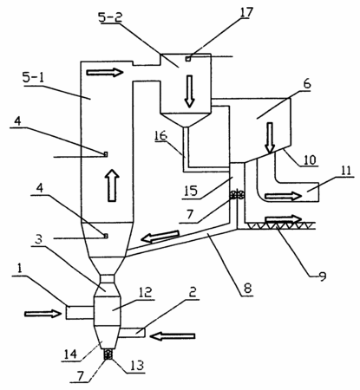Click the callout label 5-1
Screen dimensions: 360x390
pyautogui.click(x=34, y=78)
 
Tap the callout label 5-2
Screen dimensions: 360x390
pyautogui.click(x=110, y=18)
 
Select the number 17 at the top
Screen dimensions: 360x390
pyautogui.click(x=246, y=12)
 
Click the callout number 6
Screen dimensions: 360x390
pyautogui.click(x=307, y=84)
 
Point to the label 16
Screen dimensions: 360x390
pyautogui.click(x=160, y=136)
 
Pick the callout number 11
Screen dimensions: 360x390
pyautogui.click(x=345, y=171)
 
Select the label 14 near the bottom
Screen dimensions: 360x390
pyautogui.click(x=70, y=354)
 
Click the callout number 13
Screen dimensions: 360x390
pyautogui.click(x=137, y=366)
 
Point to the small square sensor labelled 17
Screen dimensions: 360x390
pyautogui.click(x=188, y=59)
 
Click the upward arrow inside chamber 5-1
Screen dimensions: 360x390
pyautogui.click(x=112, y=185)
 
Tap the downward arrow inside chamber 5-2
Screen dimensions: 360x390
pyautogui.click(x=189, y=91)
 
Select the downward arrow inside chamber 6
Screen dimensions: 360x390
pyautogui.click(x=270, y=137)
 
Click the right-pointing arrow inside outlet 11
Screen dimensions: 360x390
pyautogui.click(x=284, y=197)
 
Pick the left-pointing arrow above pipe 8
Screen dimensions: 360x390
pyautogui.click(x=160, y=236)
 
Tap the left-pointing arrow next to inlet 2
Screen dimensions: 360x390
pyautogui.click(x=173, y=336)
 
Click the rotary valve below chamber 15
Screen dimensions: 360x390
pyautogui.click(x=237, y=195)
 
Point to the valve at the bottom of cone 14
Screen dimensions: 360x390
pyautogui.click(x=108, y=354)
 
